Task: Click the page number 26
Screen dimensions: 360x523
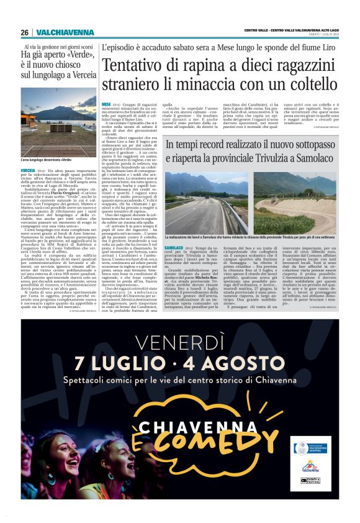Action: (x=24, y=32)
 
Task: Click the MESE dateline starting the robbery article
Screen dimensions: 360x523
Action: (x=106, y=104)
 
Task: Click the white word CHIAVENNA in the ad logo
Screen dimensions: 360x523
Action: (x=181, y=425)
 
